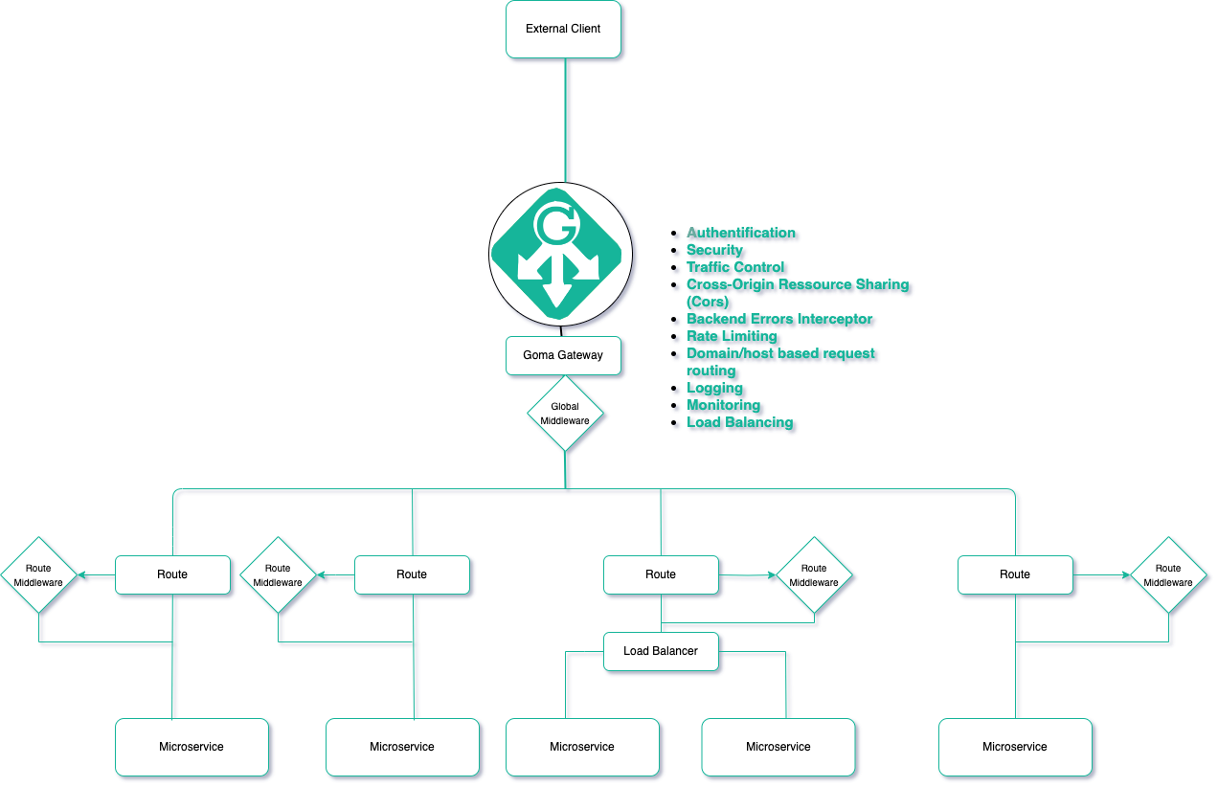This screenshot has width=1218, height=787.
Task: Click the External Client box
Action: click(x=564, y=29)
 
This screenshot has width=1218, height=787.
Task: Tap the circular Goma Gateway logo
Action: click(x=560, y=253)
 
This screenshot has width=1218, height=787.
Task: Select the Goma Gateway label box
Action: click(x=563, y=355)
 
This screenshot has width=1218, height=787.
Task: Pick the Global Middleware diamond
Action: click(x=565, y=414)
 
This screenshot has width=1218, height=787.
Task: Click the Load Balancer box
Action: click(x=661, y=651)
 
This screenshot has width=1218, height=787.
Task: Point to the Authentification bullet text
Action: click(x=740, y=233)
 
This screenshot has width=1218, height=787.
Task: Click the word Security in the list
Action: click(x=714, y=250)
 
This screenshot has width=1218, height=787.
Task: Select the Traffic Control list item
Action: click(x=735, y=267)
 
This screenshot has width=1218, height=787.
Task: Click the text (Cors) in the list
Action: click(x=708, y=302)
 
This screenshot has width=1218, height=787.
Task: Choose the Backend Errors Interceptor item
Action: click(x=779, y=319)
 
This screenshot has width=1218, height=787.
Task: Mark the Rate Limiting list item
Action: click(x=732, y=336)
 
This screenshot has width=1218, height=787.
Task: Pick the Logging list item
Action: click(x=714, y=388)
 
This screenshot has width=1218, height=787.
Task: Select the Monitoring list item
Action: click(x=723, y=405)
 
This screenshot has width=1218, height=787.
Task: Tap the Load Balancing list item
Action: click(x=739, y=422)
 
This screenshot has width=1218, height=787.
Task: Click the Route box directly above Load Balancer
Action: click(x=661, y=574)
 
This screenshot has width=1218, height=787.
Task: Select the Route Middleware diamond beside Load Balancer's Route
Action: click(x=814, y=575)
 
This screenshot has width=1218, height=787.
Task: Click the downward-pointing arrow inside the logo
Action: click(x=557, y=287)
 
